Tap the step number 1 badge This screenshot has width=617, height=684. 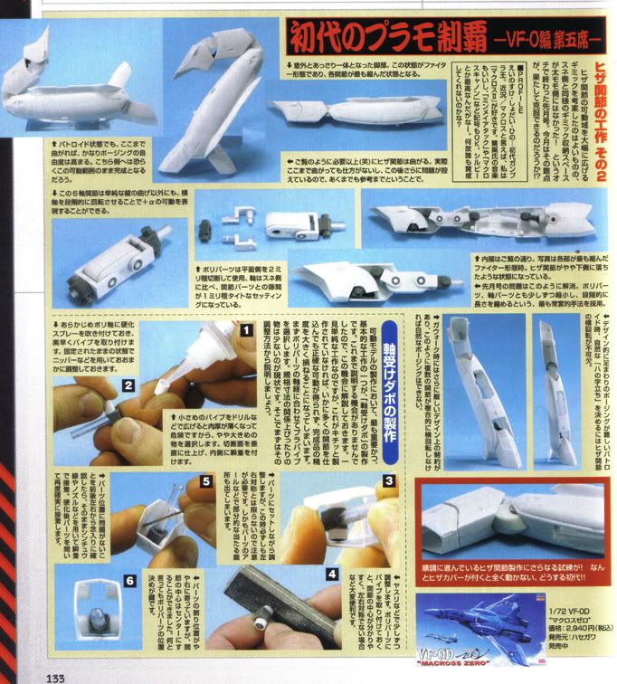[244, 330]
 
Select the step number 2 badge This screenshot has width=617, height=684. [129, 385]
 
